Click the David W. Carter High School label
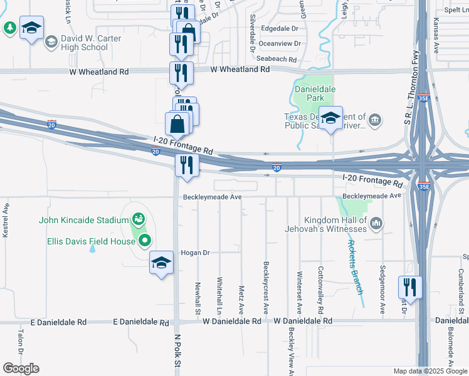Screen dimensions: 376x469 click(x=84, y=43)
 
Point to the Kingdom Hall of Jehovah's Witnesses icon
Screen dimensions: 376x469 click(x=376, y=222)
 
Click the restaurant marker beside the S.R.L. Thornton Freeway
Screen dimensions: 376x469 click(x=410, y=288)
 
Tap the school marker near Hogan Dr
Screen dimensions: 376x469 click(x=161, y=263)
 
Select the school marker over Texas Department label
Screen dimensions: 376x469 click(x=330, y=117)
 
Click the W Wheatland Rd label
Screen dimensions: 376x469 click(x=240, y=69)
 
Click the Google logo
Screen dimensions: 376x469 click(x=21, y=368)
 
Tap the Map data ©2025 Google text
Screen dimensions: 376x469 click(x=429, y=371)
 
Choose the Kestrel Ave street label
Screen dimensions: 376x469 click(x=5, y=219)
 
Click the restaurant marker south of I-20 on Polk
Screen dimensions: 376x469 click(x=187, y=166)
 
